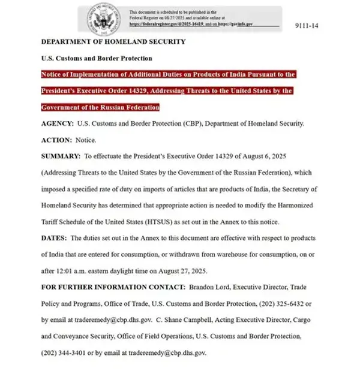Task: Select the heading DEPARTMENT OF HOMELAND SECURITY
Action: (x=113, y=42)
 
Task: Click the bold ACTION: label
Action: (x=56, y=140)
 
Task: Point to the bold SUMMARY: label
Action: (x=61, y=156)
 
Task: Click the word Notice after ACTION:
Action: (x=86, y=140)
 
